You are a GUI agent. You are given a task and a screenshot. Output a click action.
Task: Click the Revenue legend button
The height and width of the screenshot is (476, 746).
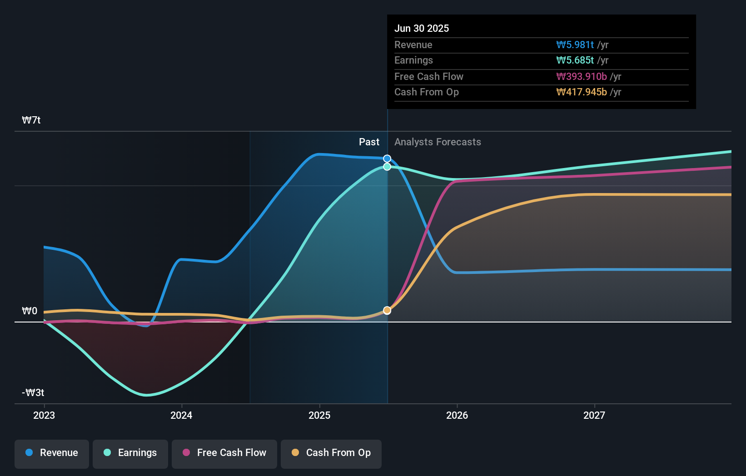(x=52, y=453)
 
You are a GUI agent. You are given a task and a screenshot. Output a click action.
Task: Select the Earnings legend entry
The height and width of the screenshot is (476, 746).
(x=130, y=453)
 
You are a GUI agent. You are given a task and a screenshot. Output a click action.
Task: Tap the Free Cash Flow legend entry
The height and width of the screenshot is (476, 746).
(x=224, y=453)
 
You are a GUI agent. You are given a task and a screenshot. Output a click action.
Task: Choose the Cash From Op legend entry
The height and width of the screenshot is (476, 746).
(x=331, y=453)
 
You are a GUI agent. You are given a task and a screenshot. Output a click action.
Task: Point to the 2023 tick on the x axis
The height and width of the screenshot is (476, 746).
(x=44, y=415)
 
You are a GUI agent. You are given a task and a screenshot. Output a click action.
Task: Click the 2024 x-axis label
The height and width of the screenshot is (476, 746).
(x=181, y=415)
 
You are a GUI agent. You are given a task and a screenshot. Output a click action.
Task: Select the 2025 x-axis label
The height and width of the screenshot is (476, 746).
(x=319, y=415)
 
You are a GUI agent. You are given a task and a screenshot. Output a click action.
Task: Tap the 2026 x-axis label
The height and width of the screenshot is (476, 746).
(x=457, y=415)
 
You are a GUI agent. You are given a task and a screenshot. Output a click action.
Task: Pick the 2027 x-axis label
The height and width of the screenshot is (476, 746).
(x=594, y=415)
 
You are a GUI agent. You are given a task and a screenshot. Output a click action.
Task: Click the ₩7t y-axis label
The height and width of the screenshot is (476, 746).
(x=31, y=120)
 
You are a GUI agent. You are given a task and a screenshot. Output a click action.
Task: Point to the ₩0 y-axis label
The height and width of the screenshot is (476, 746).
(x=30, y=311)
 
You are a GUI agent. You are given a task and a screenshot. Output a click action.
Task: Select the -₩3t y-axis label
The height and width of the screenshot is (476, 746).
(x=33, y=393)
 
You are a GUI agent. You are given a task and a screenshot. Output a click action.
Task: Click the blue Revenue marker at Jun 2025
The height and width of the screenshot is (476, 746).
(x=387, y=159)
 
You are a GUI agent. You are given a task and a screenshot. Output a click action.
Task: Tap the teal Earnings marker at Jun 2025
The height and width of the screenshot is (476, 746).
(x=387, y=167)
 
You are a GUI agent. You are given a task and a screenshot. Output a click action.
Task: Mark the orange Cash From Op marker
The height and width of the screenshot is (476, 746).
(x=387, y=310)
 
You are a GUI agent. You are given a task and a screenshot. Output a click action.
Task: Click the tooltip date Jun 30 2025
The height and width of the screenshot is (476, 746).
(x=422, y=28)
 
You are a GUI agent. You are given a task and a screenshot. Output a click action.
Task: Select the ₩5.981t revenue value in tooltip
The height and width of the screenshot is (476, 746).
(x=575, y=45)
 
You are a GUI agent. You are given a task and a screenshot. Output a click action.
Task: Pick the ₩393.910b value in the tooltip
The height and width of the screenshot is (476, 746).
(x=582, y=76)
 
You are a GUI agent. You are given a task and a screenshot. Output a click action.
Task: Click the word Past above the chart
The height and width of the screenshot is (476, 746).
(x=369, y=142)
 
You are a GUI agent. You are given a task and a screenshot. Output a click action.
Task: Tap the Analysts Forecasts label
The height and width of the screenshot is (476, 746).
(x=438, y=142)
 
